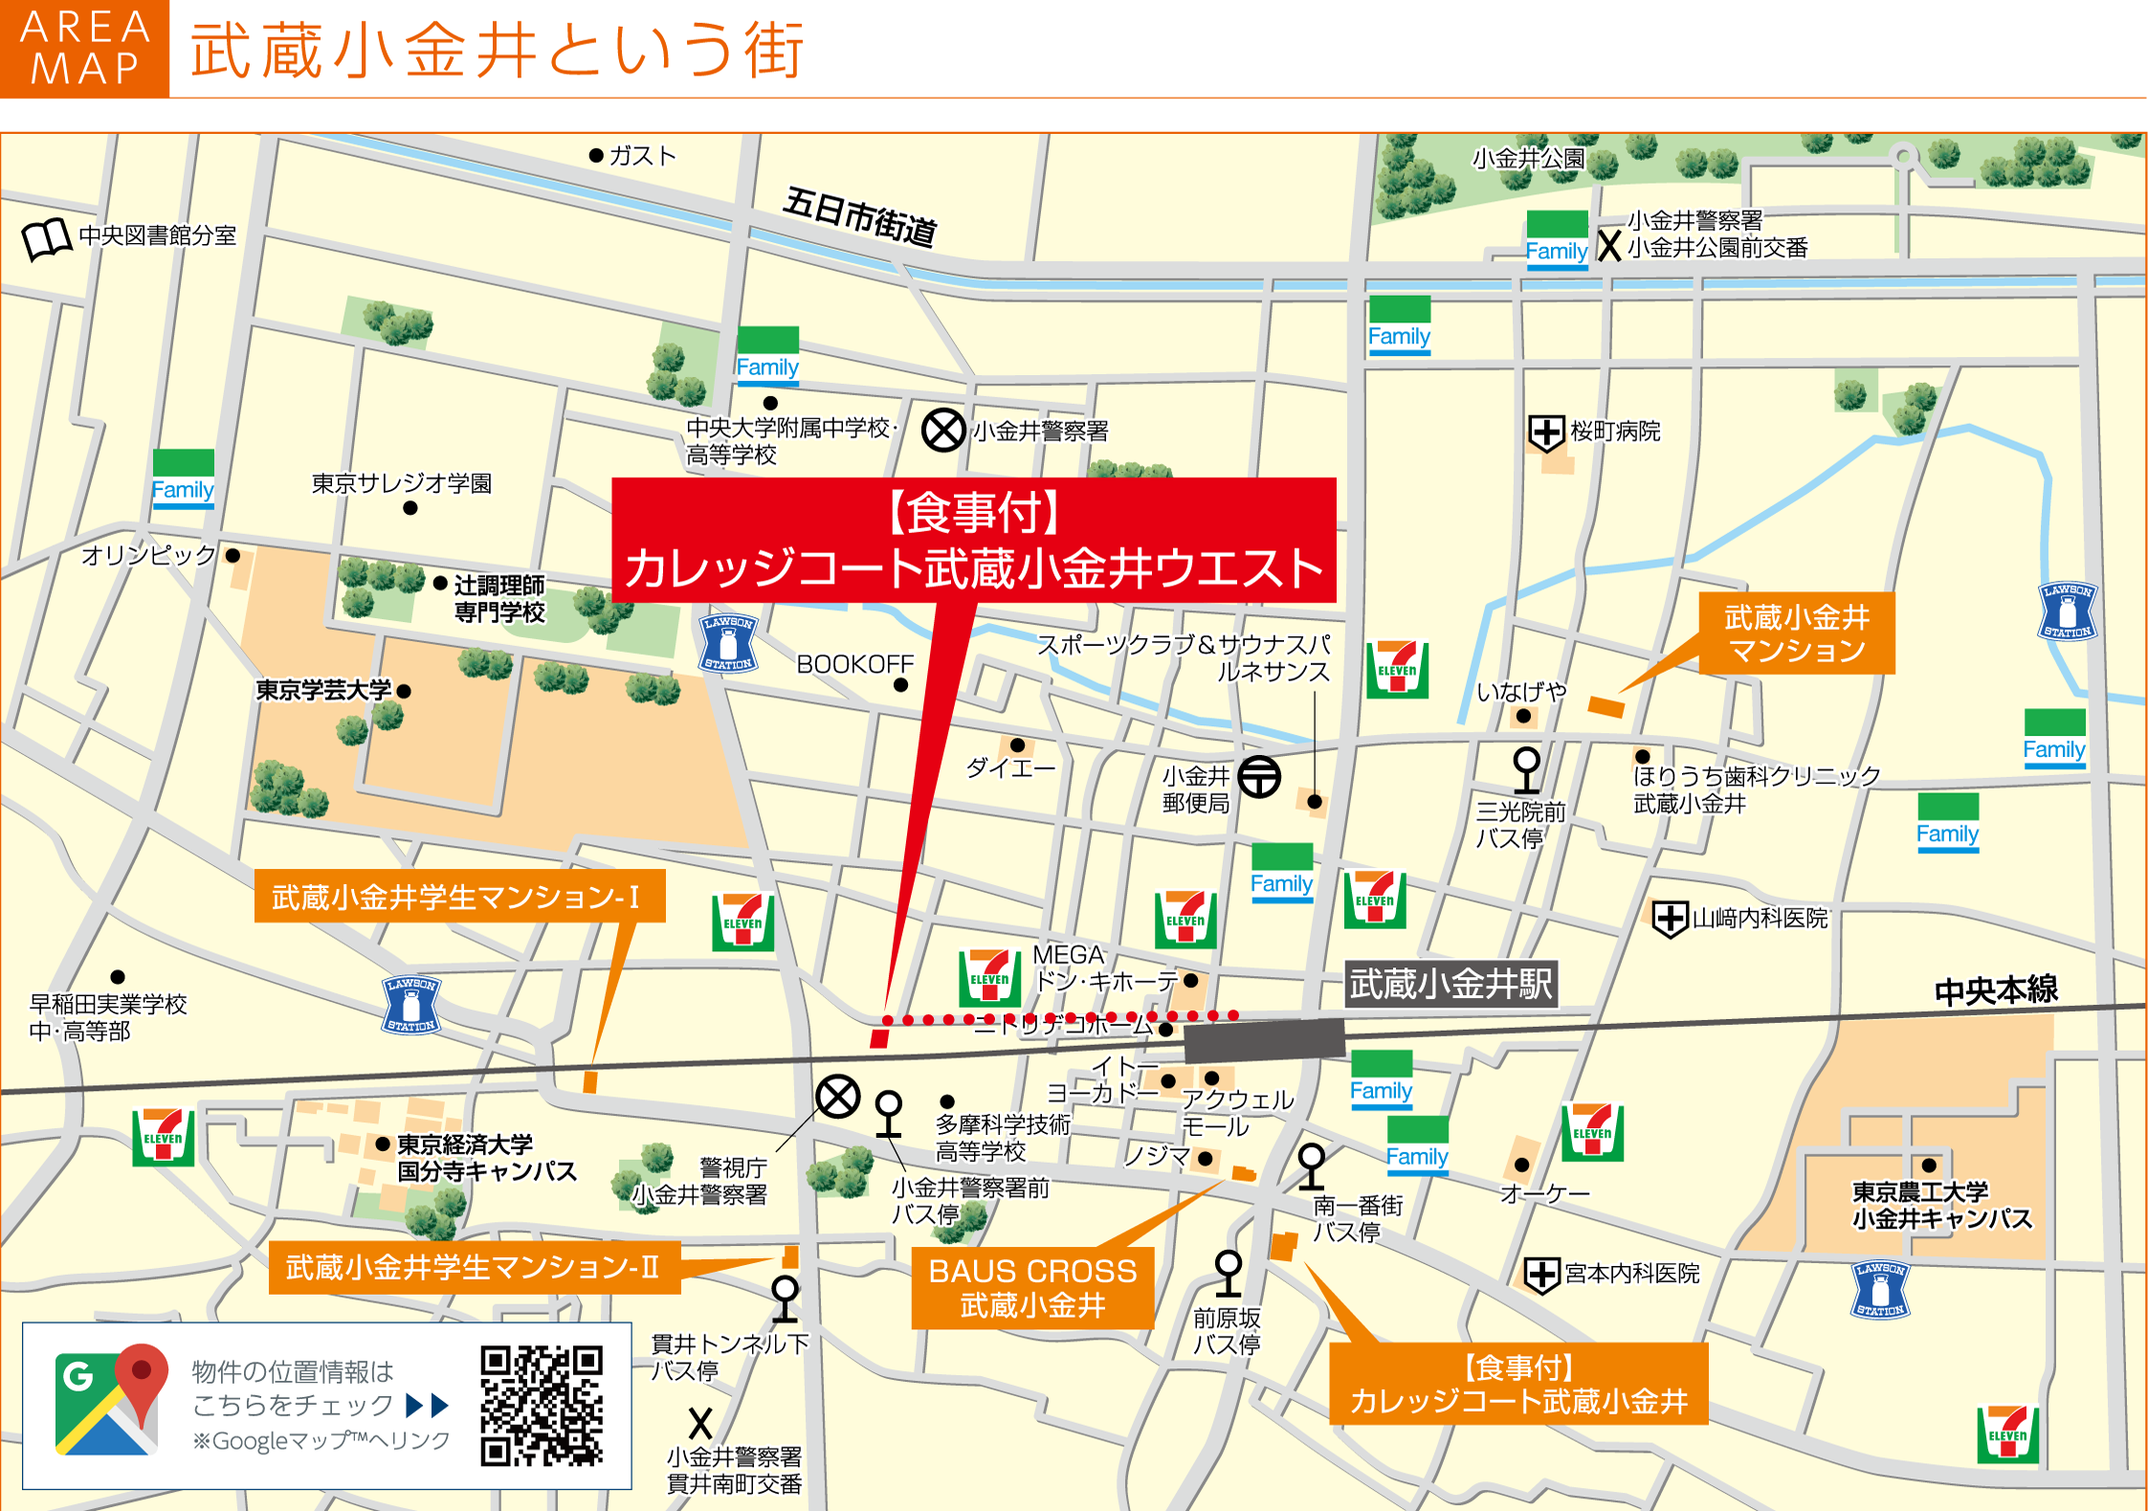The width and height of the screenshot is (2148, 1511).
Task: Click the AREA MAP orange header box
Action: click(x=84, y=48)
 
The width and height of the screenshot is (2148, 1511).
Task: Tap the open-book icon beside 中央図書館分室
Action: click(x=47, y=239)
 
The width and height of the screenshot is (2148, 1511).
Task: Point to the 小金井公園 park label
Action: click(x=1528, y=158)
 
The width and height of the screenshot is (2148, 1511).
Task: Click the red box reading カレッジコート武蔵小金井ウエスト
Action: click(x=973, y=541)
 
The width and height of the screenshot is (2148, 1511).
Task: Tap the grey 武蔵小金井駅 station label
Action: click(x=1450, y=984)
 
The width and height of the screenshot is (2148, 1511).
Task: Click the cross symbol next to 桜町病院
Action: click(x=1546, y=433)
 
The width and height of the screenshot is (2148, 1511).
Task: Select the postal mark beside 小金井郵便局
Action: click(x=1259, y=776)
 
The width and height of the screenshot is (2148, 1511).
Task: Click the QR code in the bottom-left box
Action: click(x=542, y=1406)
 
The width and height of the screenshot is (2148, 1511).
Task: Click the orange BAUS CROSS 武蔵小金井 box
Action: click(x=1032, y=1288)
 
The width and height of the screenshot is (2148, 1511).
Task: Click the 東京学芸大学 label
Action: click(x=323, y=690)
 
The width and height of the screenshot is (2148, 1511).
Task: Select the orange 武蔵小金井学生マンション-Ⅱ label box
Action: click(x=474, y=1267)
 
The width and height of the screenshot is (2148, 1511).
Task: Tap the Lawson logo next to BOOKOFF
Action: click(x=729, y=643)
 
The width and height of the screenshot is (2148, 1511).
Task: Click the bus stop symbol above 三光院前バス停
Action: click(x=1526, y=769)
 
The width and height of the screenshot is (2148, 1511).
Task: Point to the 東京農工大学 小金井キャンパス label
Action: click(x=1941, y=1205)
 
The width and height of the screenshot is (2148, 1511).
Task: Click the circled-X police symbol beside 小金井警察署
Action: click(x=943, y=430)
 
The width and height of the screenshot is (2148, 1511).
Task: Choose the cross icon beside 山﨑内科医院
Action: click(x=1670, y=919)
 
